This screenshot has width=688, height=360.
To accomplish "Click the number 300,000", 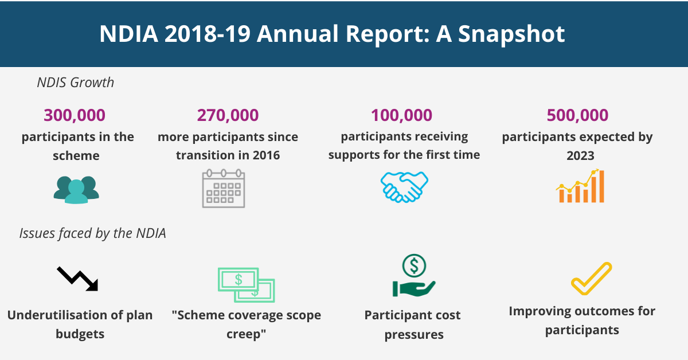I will pos(75,115).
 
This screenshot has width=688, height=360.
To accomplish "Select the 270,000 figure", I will pos(228,115).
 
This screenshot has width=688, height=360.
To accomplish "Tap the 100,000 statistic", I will pos(401,115).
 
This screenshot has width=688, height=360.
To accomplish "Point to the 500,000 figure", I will pos(577,115).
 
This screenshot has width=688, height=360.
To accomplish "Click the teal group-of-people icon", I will pos(76,189).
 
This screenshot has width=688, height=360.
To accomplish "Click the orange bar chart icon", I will pos(581,186).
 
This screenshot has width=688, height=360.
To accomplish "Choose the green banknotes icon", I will pos(246,284).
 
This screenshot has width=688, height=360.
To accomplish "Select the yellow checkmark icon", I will pos(591,279).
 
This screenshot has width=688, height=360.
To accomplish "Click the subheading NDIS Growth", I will pos(76,83).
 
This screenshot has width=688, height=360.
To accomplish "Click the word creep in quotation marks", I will pos(244,333).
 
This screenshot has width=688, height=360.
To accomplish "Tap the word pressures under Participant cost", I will pos(413,334).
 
